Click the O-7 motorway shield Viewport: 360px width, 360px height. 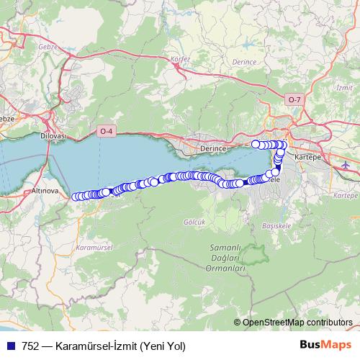[293, 99]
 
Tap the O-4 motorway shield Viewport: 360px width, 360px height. [106, 130]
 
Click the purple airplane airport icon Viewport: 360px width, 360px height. [345, 165]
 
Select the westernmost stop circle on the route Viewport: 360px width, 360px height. [75, 196]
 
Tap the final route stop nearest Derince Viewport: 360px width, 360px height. [255, 144]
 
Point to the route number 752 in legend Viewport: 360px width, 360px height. [30, 346]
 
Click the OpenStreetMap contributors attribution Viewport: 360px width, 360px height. [294, 323]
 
